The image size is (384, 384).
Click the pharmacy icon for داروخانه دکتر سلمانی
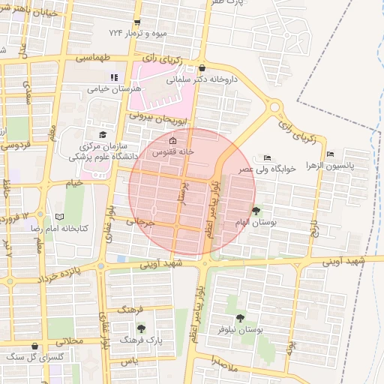pyautogui.click(x=202, y=67)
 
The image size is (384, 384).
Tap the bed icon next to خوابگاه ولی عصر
pyautogui.click(x=268, y=157)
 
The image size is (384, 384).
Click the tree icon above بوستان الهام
pyautogui.click(x=256, y=211)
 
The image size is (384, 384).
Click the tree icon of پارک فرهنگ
pyautogui.click(x=142, y=328)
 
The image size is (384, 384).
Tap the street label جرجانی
pyautogui.click(x=139, y=222)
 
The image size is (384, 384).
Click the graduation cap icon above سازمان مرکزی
pyautogui.click(x=102, y=135)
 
